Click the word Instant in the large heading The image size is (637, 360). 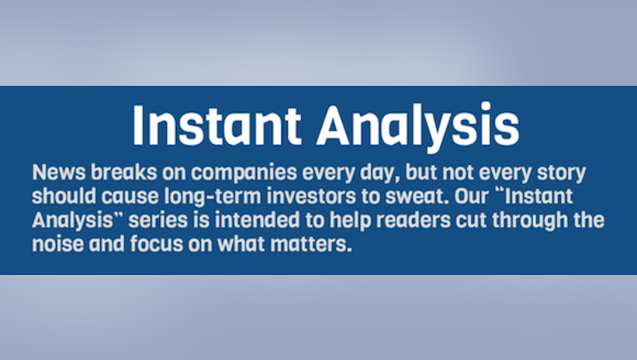pyautogui.click(x=217, y=125)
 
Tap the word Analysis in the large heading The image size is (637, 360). pyautogui.click(x=418, y=127)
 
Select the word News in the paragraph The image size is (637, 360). pyautogui.click(x=59, y=172)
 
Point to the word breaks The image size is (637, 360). pyautogui.click(x=123, y=172)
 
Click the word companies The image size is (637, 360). pyautogui.click(x=244, y=173)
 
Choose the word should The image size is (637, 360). pyautogui.click(x=64, y=196)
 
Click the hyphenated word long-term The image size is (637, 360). pyautogui.click(x=213, y=197)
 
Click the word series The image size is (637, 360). pyautogui.click(x=158, y=220)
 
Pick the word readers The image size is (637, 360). pyautogui.click(x=414, y=219)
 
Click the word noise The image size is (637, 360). pyautogui.click(x=58, y=244)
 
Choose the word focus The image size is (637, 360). pyautogui.click(x=157, y=244)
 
